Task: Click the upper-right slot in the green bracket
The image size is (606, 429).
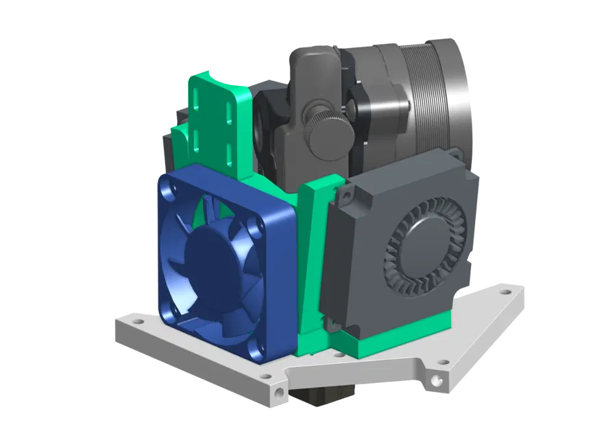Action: click(226, 108)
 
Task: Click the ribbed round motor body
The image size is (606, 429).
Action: click(432, 96)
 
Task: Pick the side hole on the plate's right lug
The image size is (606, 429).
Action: click(435, 379)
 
